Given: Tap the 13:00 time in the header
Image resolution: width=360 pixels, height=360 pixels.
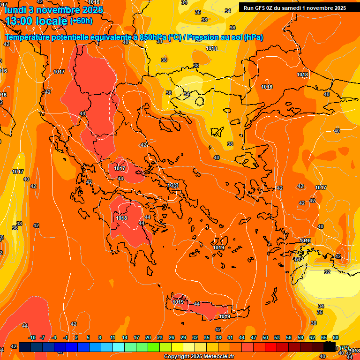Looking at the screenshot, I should [22, 21].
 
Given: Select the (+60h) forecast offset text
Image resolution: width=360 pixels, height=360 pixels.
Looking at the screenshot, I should [81, 21].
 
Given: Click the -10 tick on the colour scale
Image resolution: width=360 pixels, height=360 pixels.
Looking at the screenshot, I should [32, 337].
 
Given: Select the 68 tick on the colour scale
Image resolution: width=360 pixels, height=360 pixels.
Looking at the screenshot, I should [336, 337].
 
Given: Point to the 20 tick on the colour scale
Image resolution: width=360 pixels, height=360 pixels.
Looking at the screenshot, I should [148, 337].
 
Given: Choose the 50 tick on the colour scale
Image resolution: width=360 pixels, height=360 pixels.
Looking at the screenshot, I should [265, 337].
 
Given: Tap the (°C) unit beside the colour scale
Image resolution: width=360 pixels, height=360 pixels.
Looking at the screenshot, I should [345, 348].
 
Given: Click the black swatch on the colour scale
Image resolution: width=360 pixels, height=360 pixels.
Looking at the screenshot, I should [330, 347].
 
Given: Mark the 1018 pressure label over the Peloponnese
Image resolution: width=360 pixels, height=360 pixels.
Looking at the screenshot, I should [121, 218].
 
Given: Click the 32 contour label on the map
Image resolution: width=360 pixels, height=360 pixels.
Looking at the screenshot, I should [327, 272].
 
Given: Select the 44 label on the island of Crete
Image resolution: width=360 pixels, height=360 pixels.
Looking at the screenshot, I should [197, 304].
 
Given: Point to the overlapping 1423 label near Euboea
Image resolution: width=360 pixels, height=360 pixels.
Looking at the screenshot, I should [173, 186].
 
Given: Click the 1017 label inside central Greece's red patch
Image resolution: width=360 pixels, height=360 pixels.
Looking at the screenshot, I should [120, 168].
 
